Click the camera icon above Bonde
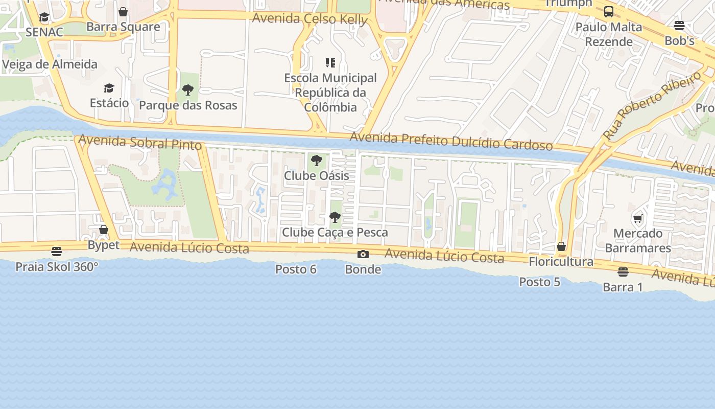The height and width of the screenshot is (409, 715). click(x=363, y=254)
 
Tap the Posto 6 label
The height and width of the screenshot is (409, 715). click(x=296, y=269)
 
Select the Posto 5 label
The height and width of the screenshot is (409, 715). click(x=539, y=282)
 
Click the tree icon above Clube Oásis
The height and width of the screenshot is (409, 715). click(x=317, y=161)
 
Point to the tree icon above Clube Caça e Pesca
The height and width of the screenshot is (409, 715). click(x=335, y=217)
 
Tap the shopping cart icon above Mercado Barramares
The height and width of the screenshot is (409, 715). click(x=637, y=219)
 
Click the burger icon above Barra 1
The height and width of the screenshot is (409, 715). click(x=623, y=271)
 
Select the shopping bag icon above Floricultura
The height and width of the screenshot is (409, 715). click(x=561, y=247)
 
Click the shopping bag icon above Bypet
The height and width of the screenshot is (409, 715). click(x=104, y=230)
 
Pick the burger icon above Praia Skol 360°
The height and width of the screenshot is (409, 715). click(x=57, y=252)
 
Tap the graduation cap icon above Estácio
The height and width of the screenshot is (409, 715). click(x=109, y=88)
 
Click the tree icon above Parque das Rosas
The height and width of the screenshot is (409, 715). click(x=188, y=90)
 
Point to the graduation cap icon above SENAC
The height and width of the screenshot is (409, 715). click(x=44, y=17)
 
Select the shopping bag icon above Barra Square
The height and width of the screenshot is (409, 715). click(x=123, y=12)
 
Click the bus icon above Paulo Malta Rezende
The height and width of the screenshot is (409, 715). click(x=609, y=12)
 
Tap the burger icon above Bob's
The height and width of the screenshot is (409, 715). click(x=679, y=25)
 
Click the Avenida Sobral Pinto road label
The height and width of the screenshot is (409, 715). click(x=140, y=143)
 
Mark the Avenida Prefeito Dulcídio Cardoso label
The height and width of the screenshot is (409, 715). click(x=451, y=142)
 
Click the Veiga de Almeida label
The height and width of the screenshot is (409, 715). click(x=50, y=64)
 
